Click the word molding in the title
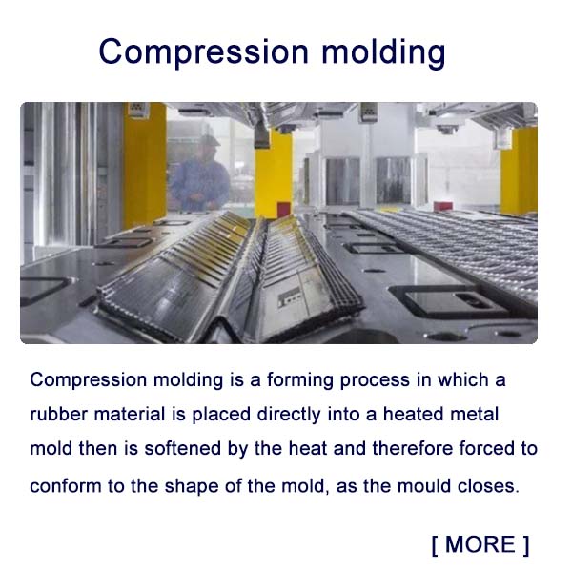[x=383, y=51]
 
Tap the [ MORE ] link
[x=480, y=544]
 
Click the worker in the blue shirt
[x=201, y=177]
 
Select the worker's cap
[x=209, y=139]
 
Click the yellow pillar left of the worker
[x=145, y=167]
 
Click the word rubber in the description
[x=58, y=415]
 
